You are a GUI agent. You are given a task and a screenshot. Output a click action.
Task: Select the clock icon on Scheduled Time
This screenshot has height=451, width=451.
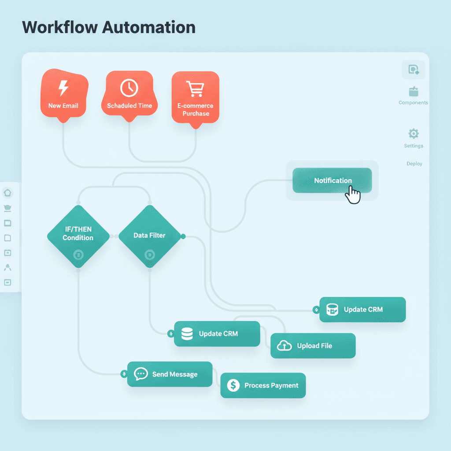tap(129, 88)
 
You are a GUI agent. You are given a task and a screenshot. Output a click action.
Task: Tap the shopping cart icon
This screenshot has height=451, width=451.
tap(195, 89)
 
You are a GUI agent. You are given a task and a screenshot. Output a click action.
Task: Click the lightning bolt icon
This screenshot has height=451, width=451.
tap(63, 88)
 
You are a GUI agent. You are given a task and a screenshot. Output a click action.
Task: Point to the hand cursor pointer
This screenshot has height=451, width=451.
tap(353, 195)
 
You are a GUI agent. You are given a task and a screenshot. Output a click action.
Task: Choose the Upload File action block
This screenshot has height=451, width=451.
tap(313, 346)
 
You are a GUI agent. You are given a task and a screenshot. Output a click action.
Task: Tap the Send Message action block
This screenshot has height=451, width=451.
tap(170, 374)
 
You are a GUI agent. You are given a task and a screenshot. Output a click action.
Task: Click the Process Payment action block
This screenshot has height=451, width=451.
tap(263, 385)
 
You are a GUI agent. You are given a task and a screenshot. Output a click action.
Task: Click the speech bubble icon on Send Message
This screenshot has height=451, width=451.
tap(140, 374)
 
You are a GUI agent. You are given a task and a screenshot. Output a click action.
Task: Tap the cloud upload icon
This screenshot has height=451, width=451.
tap(285, 346)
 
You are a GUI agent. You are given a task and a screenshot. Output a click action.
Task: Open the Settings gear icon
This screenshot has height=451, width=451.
tap(414, 133)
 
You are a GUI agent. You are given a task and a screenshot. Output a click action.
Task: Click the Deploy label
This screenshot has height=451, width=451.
tap(414, 163)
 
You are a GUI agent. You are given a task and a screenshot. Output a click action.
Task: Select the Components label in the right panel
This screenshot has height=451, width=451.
tap(413, 103)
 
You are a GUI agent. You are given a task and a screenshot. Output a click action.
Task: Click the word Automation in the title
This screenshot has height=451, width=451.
tap(149, 27)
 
